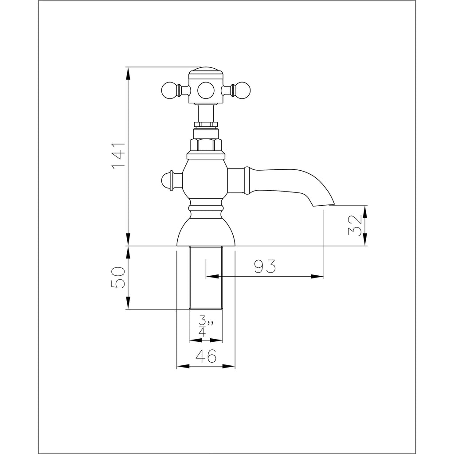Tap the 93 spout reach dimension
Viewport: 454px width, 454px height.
265,266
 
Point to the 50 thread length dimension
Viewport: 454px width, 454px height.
118,278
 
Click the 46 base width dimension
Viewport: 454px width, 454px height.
206,356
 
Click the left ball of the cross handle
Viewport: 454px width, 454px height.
169,90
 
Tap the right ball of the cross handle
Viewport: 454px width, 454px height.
243,90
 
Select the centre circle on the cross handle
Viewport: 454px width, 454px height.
206,90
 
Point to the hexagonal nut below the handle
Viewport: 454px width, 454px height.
206,145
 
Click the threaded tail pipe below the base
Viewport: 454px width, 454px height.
206,278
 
